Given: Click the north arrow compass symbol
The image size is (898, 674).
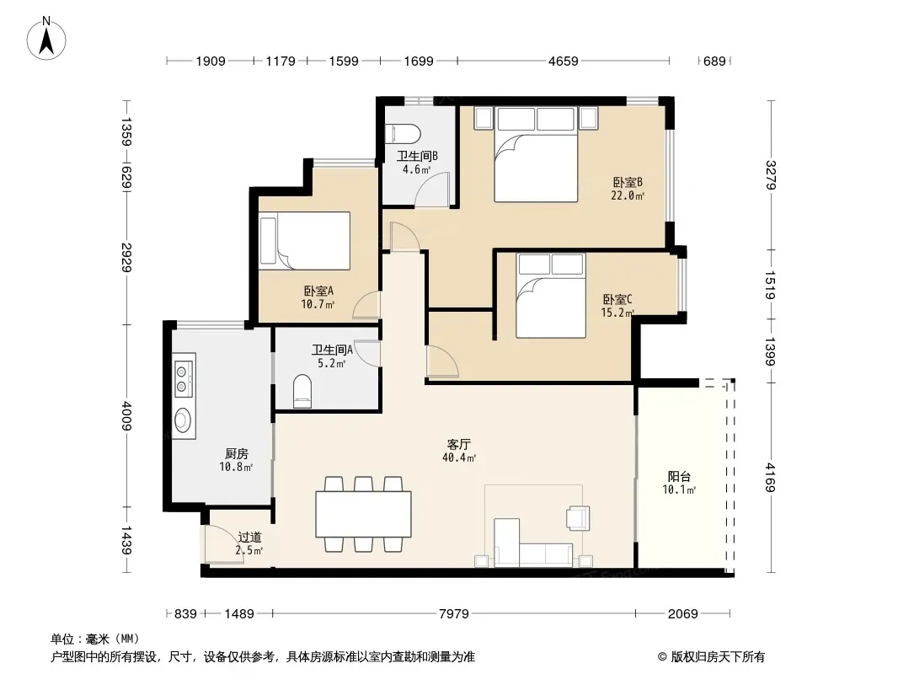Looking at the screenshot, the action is [x=46, y=39].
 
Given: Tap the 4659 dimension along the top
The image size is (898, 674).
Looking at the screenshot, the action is [x=563, y=61].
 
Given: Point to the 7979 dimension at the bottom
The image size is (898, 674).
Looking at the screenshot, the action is [x=453, y=614].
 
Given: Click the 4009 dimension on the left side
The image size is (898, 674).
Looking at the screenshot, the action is [x=126, y=415].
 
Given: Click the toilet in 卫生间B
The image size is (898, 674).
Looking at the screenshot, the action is [x=404, y=134].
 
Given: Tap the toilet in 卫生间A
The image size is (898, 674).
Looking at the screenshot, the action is [x=302, y=391].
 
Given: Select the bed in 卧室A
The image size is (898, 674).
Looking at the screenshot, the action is [x=304, y=240].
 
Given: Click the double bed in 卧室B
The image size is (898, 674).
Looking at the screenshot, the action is [x=536, y=155].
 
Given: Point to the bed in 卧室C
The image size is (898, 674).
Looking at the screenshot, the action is [x=550, y=296].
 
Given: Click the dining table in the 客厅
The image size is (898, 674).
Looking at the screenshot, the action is [x=363, y=514].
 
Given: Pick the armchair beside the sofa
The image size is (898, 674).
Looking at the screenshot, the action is [x=578, y=517].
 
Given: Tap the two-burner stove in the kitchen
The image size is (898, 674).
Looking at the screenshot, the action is [x=184, y=376].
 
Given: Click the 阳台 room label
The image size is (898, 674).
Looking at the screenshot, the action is [x=679, y=476].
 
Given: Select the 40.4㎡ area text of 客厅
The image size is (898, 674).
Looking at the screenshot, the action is [x=459, y=457].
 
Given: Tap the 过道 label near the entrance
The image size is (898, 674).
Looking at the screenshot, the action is [x=249, y=538].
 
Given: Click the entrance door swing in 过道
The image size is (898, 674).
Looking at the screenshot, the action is [x=224, y=544].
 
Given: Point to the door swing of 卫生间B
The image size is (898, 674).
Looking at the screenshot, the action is [x=432, y=189].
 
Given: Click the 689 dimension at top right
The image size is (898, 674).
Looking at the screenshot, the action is [x=714, y=61].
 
